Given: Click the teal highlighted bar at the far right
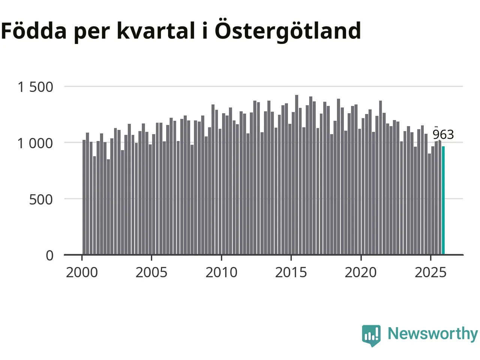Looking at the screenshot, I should click(x=443, y=201).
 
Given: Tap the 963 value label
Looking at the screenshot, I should click(x=443, y=134).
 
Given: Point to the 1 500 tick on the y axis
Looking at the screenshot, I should click(x=36, y=87).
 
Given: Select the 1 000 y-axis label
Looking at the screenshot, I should click(x=36, y=143).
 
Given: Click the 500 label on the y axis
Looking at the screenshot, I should click(x=41, y=199).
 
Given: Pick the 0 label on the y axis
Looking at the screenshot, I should click(x=50, y=255).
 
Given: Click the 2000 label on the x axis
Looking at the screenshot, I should click(x=82, y=272).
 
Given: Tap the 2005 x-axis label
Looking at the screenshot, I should click(x=151, y=272).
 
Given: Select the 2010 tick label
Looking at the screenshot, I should click(x=221, y=272).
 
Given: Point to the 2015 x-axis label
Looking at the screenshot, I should click(x=291, y=272).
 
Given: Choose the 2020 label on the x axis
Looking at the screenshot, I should click(x=361, y=272).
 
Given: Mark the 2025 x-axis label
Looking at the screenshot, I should click(x=430, y=272).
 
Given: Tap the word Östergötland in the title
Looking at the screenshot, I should click(x=288, y=31).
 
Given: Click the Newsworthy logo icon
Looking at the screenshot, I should click(x=371, y=335).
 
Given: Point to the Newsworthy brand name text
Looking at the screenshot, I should click(x=433, y=333).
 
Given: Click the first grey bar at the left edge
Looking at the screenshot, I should click(x=84, y=197).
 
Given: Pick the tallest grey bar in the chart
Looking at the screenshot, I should click(x=297, y=175).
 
